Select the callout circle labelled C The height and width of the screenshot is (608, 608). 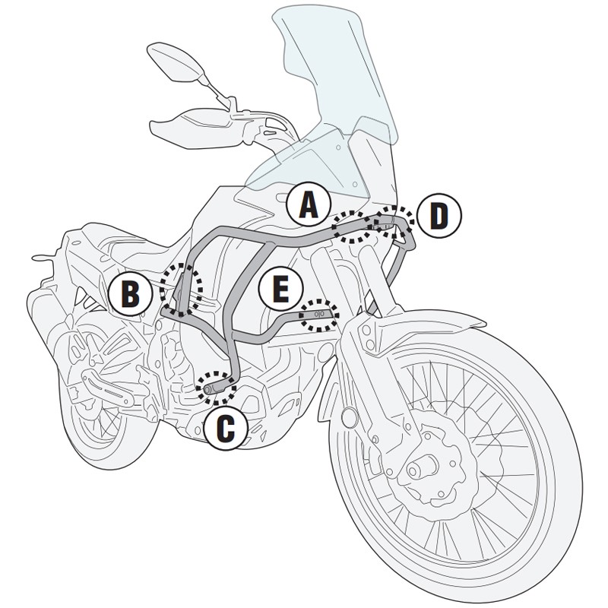(226, 427)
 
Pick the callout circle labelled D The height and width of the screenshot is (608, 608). (438, 216)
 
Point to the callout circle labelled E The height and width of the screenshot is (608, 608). (280, 289)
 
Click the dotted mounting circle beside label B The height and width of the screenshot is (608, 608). (182, 289)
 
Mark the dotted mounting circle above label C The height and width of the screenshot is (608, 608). (216, 386)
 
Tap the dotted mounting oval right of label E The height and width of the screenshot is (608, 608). (318, 313)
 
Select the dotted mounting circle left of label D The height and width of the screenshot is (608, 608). (394, 220)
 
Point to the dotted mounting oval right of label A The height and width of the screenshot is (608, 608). (353, 225)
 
